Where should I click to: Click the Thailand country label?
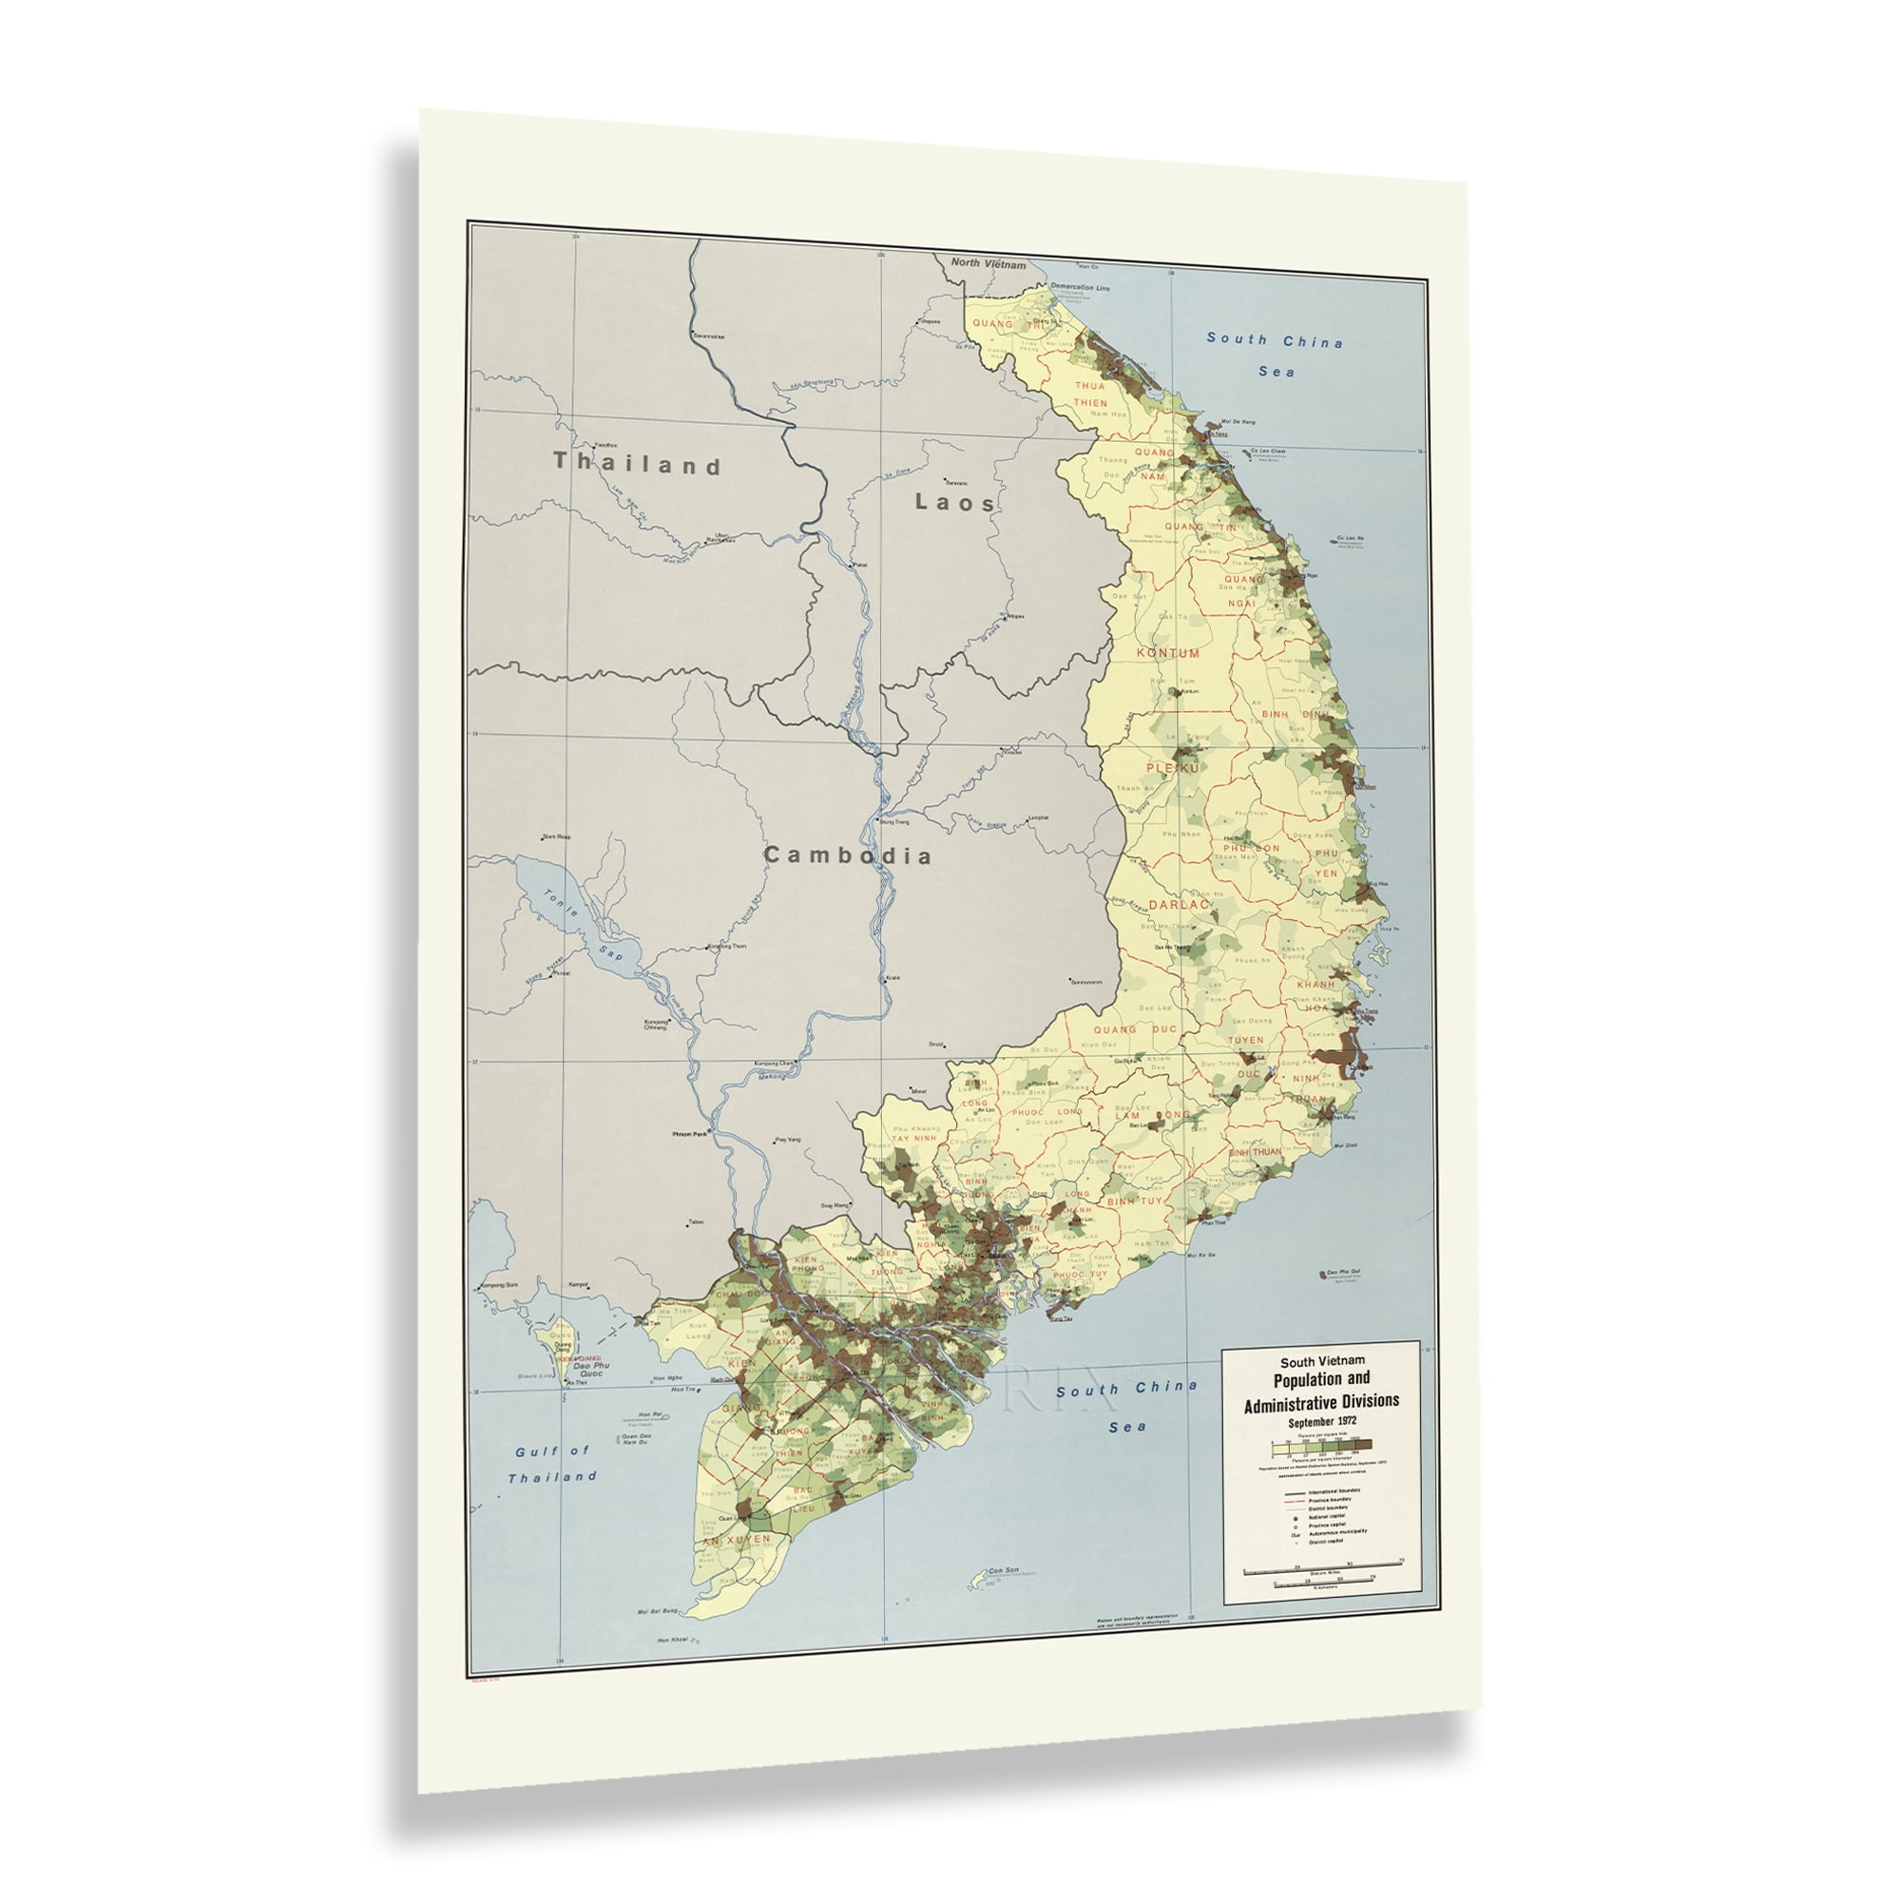[638, 464]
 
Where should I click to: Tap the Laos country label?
[955, 502]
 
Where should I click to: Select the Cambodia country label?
[847, 855]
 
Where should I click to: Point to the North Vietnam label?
[989, 264]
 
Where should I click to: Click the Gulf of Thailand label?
[552, 1463]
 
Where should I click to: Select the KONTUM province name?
[1168, 652]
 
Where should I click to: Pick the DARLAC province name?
[1177, 903]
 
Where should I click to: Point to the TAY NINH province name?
[914, 1139]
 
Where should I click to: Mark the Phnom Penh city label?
[691, 1135]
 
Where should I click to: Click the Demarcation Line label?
[1080, 287]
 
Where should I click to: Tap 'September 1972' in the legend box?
[1320, 1423]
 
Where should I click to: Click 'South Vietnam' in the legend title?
[1320, 1362]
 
